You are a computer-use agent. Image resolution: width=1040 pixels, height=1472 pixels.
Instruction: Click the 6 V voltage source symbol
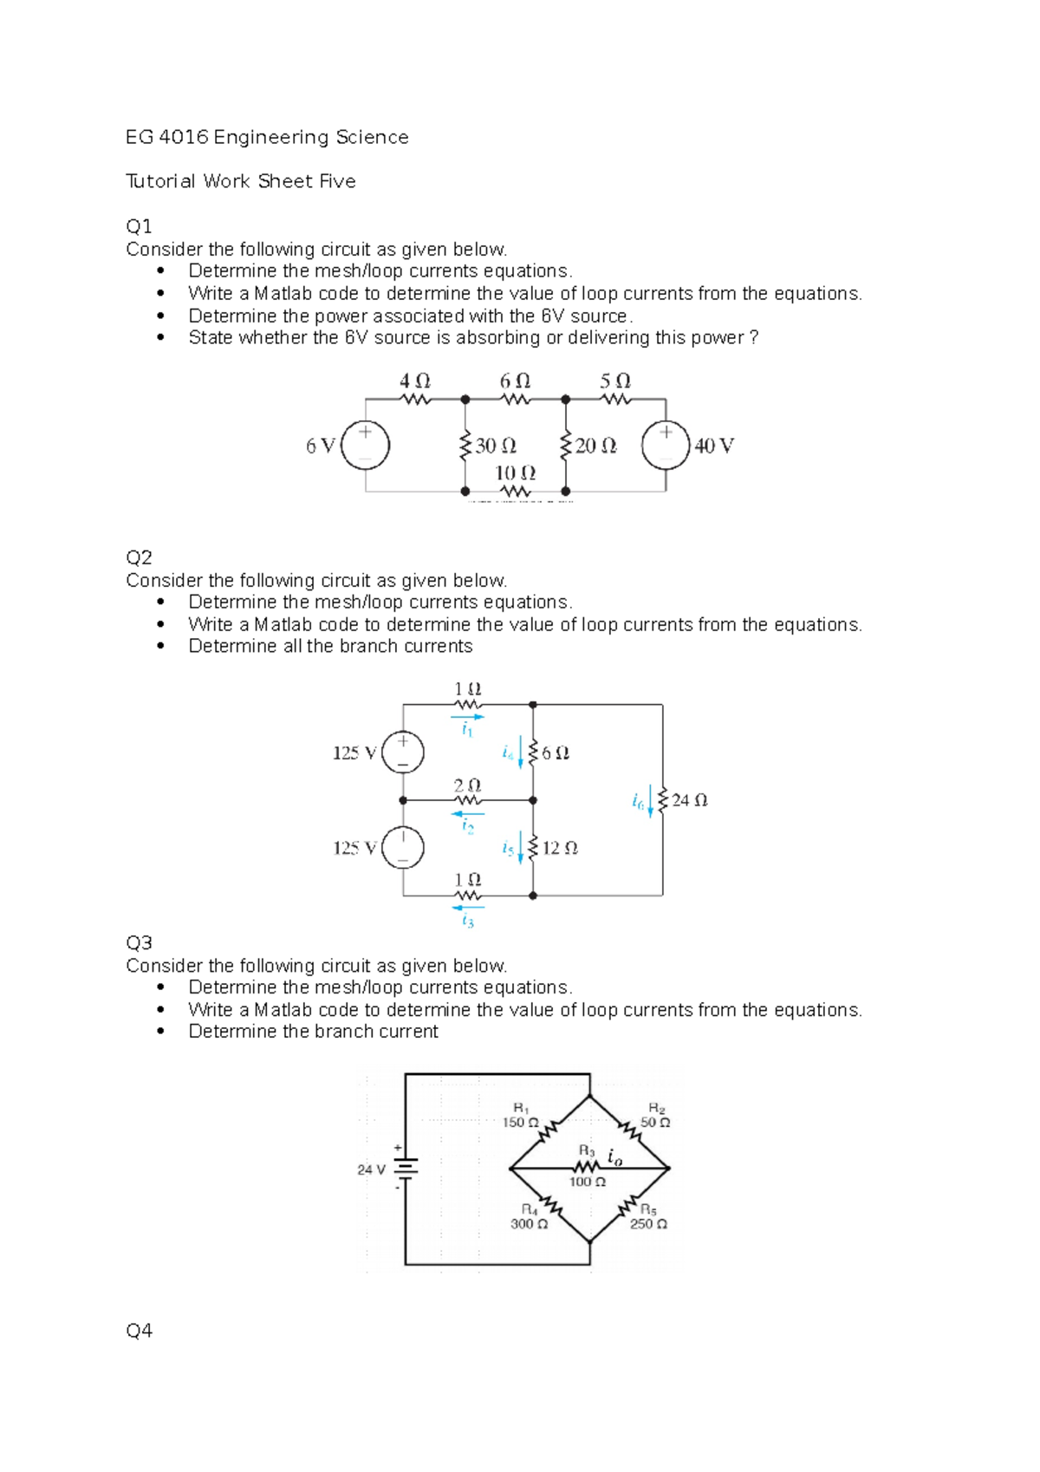point(366,446)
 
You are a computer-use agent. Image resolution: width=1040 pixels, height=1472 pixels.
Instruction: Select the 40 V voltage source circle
point(666,446)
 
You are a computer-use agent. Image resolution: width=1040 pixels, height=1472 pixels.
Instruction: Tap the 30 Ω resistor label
point(496,446)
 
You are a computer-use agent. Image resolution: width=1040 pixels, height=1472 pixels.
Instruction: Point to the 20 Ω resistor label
point(596,446)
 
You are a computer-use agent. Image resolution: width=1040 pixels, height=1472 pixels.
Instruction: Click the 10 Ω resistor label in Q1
point(515,472)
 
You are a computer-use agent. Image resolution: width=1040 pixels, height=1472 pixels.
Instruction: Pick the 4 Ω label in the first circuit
point(415,381)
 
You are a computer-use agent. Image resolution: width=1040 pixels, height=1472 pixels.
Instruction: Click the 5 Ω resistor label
point(615,381)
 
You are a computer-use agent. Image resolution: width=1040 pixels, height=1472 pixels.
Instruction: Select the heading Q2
point(139,557)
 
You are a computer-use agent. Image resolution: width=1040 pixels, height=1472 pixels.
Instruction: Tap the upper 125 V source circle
point(403,752)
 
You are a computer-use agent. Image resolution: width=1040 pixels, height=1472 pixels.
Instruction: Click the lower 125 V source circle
point(403,847)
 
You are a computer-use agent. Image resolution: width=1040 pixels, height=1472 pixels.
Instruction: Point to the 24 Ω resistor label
point(689,800)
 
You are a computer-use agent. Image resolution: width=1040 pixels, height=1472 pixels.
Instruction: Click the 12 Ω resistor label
point(560,848)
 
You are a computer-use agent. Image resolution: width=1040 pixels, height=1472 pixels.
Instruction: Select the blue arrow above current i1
point(467,717)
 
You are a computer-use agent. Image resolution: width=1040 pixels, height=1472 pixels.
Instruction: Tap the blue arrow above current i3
point(468,908)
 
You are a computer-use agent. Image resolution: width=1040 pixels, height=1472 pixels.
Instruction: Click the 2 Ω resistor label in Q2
point(467,785)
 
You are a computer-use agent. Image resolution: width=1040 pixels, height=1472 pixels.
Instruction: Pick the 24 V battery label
point(371,1169)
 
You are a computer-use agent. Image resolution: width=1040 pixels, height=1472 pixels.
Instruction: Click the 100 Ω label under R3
point(587,1182)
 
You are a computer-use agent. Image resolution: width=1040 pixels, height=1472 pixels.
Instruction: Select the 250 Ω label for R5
point(648,1224)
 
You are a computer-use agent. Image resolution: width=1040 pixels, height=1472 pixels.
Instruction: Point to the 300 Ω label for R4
point(529,1224)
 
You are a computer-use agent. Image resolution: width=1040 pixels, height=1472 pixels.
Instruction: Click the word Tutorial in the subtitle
point(160,181)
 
